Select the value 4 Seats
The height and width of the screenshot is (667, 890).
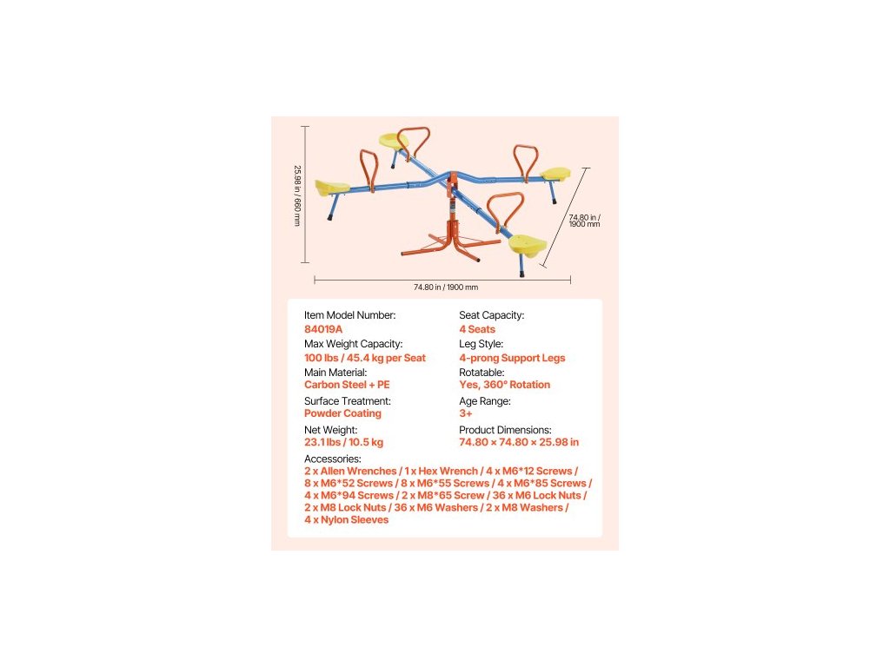(477, 329)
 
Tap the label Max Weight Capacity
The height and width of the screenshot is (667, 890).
(353, 344)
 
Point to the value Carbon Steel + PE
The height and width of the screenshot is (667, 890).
(347, 385)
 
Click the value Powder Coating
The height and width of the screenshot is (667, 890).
(342, 413)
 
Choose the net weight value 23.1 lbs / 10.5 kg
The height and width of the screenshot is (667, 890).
(343, 442)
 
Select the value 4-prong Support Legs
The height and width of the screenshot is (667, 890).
(512, 358)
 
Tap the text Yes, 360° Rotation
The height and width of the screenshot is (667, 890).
(504, 385)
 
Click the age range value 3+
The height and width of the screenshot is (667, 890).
(466, 413)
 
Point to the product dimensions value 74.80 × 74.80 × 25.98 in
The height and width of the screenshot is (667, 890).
(519, 442)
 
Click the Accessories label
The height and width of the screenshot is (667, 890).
(332, 459)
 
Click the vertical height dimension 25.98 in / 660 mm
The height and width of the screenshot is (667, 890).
(296, 195)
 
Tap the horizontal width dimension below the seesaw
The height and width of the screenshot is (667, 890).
(445, 287)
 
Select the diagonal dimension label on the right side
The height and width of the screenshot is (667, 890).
(584, 220)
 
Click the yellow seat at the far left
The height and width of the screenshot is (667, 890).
(333, 188)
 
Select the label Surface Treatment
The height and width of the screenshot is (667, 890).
(348, 401)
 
